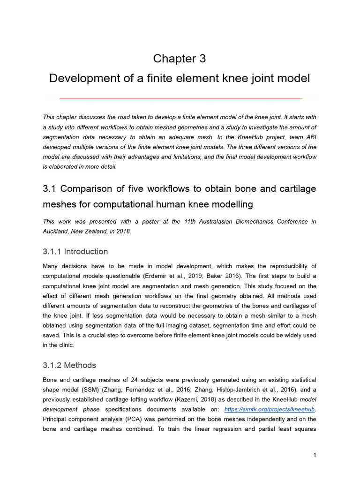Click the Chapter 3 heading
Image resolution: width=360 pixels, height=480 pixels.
pos(180,59)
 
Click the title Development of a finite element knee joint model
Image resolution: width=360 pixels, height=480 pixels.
pos(180,78)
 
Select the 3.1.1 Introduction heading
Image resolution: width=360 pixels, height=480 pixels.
pos(75,251)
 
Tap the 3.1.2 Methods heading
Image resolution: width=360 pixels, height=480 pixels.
pos(69,365)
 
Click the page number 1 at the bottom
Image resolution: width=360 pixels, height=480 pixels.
pos(315,455)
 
